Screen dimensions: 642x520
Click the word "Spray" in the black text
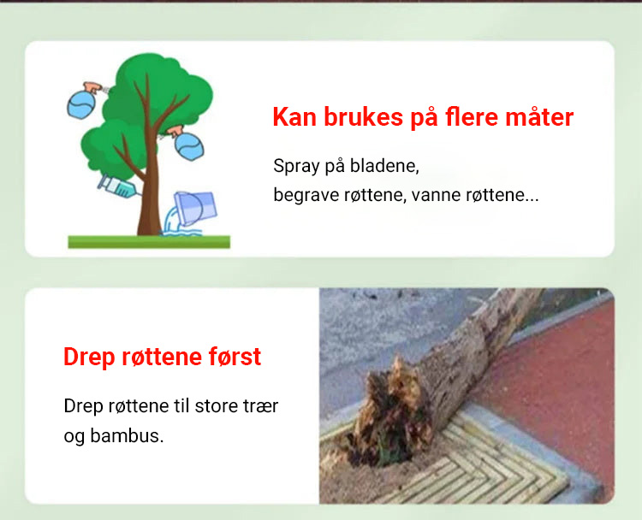296,167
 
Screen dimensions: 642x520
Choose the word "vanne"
437,196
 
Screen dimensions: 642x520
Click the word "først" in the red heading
235,357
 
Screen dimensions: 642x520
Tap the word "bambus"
127,435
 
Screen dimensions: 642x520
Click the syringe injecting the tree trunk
118,187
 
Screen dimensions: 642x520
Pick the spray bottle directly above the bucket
187,143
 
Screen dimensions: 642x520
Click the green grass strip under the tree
149,242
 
